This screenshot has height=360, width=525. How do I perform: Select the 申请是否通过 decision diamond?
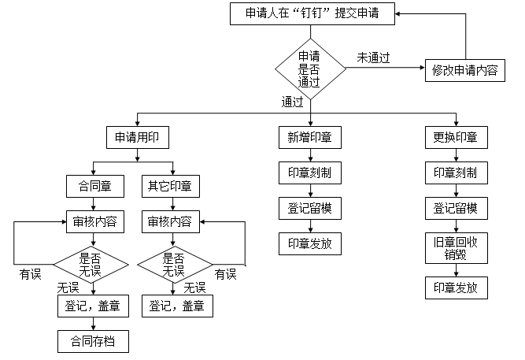[x=309, y=69]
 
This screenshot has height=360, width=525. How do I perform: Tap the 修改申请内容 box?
[x=464, y=69]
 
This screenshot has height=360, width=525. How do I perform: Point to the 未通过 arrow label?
[x=374, y=58]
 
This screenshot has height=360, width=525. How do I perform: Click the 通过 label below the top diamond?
[x=292, y=102]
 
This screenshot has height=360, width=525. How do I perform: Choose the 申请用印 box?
[x=138, y=137]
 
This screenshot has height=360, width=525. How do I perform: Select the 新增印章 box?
[x=309, y=137]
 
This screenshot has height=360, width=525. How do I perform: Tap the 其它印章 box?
[x=169, y=186]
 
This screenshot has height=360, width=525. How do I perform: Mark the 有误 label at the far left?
[x=31, y=273]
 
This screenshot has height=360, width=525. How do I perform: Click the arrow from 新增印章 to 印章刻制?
[x=309, y=155]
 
